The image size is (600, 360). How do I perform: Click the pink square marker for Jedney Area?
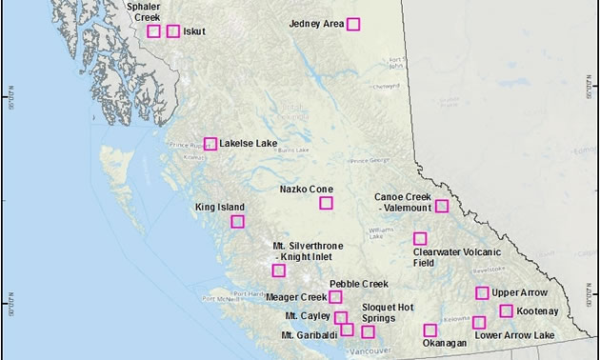click(353, 24)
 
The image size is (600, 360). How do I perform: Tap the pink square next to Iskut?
click(173, 31)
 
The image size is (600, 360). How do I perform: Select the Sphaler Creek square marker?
click(154, 31)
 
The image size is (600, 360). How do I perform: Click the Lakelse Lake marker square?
click(210, 144)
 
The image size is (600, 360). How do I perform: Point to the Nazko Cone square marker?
click(327, 203)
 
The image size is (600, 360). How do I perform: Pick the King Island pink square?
click(237, 221)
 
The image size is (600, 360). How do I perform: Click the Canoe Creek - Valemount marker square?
click(442, 206)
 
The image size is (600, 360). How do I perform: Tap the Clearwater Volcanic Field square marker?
click(419, 238)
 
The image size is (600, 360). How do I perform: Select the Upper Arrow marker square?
click(482, 292)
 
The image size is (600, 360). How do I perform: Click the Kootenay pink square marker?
click(506, 310)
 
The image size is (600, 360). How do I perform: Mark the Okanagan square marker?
click(430, 330)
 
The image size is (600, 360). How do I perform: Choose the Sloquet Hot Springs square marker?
click(368, 331)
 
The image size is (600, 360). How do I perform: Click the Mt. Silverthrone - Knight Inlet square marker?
click(278, 270)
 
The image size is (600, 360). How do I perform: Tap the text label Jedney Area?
click(315, 24)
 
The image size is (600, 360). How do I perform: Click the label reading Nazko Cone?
click(306, 189)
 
